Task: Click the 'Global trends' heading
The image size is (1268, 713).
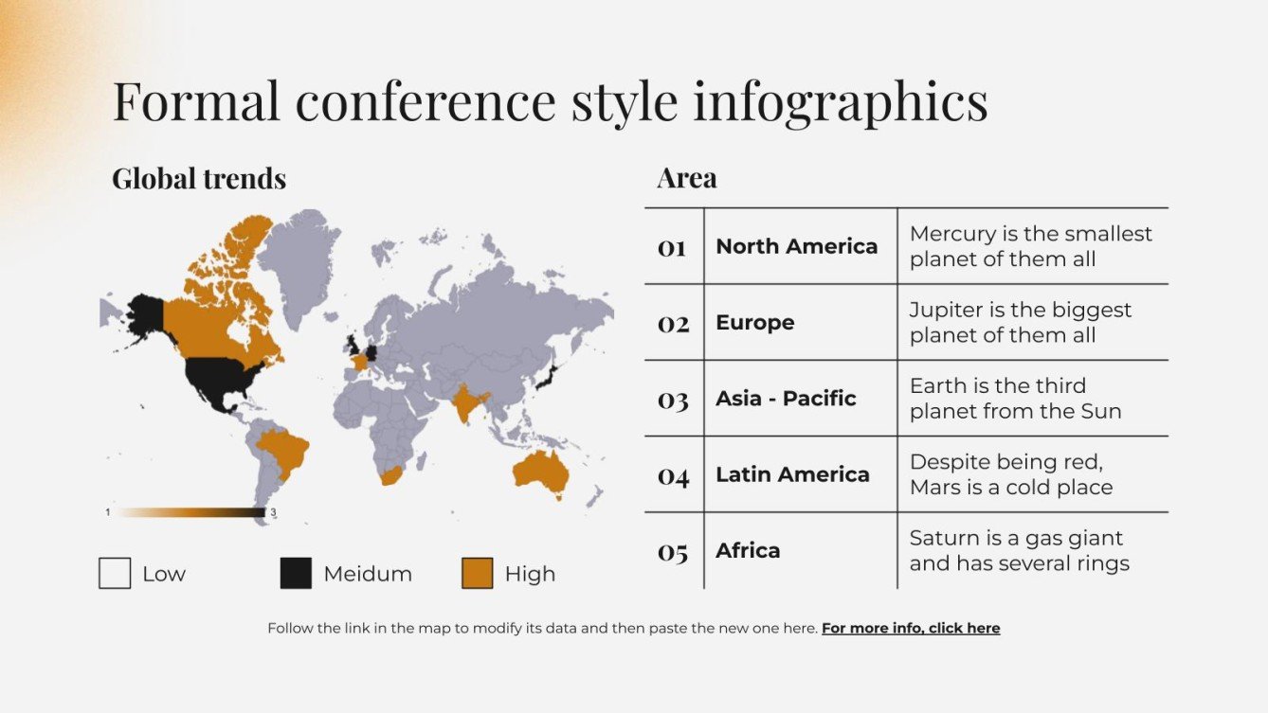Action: [199, 178]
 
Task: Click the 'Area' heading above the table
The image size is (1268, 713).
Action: [686, 178]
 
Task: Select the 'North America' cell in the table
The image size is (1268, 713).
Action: [796, 246]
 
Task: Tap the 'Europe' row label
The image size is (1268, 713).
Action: [754, 322]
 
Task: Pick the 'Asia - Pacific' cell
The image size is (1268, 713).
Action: [786, 399]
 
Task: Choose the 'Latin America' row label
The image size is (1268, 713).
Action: [792, 474]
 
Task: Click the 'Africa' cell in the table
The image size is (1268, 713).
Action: [748, 550]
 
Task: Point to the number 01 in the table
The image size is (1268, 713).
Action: [672, 247]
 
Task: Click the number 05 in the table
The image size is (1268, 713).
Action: [673, 551]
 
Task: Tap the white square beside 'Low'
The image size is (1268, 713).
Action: [115, 574]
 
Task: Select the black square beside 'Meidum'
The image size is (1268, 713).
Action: [296, 574]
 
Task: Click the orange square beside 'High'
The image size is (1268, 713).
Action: [477, 574]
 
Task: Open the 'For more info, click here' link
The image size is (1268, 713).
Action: [910, 628]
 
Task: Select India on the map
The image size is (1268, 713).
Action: [467, 402]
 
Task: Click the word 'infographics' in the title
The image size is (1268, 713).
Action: [840, 101]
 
